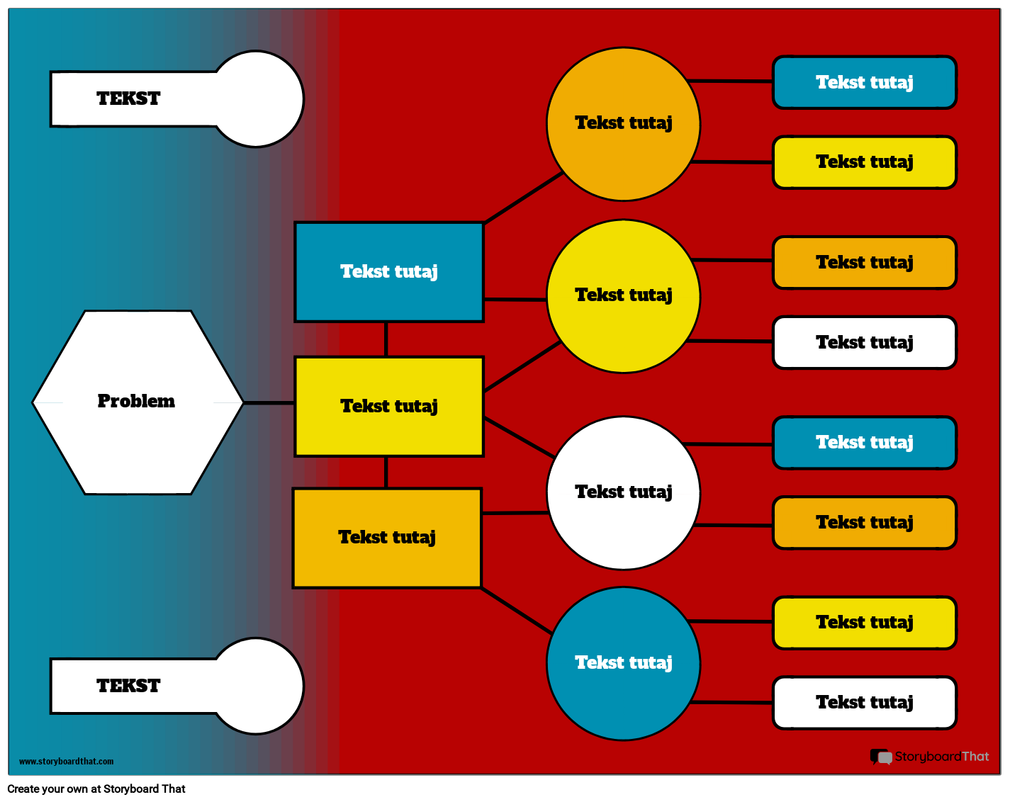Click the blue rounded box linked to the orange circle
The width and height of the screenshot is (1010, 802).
(x=864, y=83)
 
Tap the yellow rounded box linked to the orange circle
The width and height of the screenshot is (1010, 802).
(x=864, y=162)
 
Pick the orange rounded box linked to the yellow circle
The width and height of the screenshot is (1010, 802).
(x=864, y=263)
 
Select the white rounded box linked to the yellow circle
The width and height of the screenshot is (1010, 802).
(x=864, y=343)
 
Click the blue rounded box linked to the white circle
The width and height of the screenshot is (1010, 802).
(x=864, y=443)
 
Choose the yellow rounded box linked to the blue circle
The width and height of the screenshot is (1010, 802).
(x=864, y=623)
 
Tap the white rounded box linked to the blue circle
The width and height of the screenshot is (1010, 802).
(x=864, y=703)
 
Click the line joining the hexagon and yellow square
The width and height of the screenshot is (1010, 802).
(x=269, y=402)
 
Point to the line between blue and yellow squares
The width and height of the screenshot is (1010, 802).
(x=386, y=339)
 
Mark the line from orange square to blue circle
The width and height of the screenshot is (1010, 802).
(x=516, y=610)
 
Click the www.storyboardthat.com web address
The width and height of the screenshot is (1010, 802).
(x=66, y=762)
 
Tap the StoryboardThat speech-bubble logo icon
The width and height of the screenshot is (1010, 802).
(x=880, y=757)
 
